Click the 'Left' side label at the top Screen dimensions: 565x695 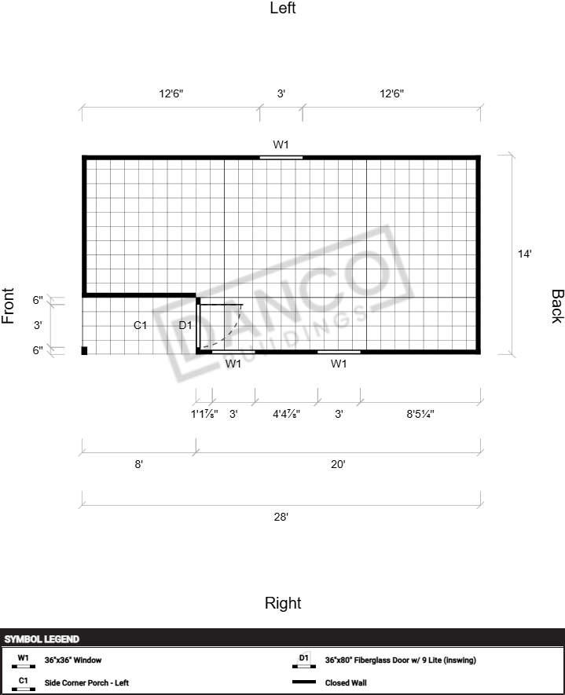tap(283, 8)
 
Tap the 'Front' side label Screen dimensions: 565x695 tap(8, 305)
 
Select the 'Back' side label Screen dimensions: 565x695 tap(557, 306)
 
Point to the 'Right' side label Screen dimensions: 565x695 tap(283, 603)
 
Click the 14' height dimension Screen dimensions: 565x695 tap(524, 254)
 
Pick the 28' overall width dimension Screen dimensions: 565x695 tap(281, 517)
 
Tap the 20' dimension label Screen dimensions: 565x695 tap(338, 464)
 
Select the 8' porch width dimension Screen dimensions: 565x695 tap(138, 464)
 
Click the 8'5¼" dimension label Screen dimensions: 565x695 tap(420, 414)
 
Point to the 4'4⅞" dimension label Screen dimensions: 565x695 tap(287, 414)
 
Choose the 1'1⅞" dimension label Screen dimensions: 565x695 tap(204, 414)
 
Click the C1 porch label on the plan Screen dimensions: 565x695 tap(140, 325)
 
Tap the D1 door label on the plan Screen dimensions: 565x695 tap(185, 325)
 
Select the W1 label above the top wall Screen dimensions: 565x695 tap(281, 144)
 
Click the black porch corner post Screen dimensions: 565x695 tap(84, 350)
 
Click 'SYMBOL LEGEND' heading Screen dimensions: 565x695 tap(42, 639)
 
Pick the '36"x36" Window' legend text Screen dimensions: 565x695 tap(73, 660)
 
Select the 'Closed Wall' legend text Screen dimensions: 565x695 tap(346, 682)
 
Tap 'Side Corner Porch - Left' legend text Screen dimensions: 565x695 tap(86, 682)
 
